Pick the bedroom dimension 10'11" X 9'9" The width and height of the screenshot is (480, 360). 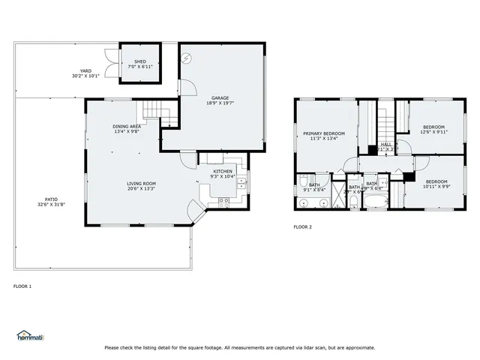tap(436, 186)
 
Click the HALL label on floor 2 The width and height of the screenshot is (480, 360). tap(386, 144)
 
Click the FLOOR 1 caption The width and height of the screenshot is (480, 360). tap(22, 286)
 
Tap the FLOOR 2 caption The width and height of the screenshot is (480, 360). tap(302, 226)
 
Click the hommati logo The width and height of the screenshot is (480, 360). tap(30, 335)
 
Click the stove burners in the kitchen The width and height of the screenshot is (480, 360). tap(223, 201)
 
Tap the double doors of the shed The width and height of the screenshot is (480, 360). tap(111, 64)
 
